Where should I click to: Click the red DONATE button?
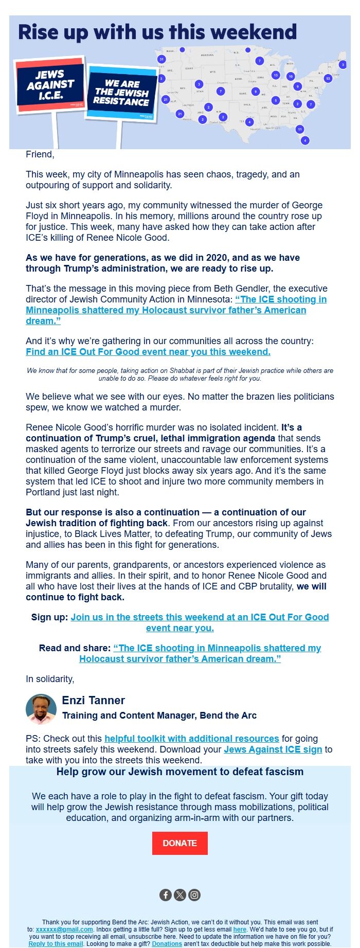point(179,843)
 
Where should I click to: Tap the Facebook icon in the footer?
point(166,895)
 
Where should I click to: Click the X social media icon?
point(180,895)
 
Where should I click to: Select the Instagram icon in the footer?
point(194,895)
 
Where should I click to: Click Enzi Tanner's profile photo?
point(41,709)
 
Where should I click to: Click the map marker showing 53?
point(328,79)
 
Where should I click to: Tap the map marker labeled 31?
point(161,59)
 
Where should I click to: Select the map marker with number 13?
point(276,75)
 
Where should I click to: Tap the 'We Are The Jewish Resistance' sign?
point(122,92)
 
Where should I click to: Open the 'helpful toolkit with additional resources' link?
point(192,739)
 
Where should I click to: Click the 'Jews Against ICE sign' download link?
point(273,749)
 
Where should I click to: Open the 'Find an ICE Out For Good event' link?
point(148,352)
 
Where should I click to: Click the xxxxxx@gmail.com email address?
point(64,929)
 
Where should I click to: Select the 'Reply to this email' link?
point(56,944)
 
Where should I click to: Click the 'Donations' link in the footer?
point(167,944)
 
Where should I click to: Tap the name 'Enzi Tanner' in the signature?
point(94,700)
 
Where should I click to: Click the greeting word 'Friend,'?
point(40,154)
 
